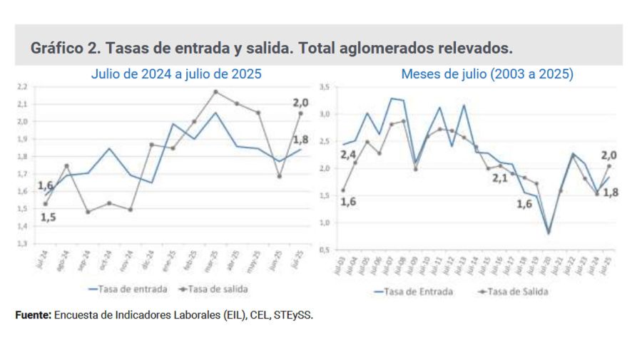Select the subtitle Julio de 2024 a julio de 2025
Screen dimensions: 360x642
[x=175, y=73]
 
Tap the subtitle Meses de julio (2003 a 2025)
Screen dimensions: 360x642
[x=487, y=73]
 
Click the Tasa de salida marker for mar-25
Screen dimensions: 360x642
[x=215, y=92]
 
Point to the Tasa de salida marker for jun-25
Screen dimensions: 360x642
[x=280, y=176]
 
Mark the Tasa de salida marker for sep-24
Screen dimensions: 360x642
[x=88, y=212]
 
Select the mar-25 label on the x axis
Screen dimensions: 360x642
[x=214, y=258]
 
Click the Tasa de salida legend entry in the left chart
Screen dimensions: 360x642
[x=218, y=289]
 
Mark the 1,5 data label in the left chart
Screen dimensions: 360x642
[x=48, y=217]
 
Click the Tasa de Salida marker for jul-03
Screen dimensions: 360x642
[x=343, y=190]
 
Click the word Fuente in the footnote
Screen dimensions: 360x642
[x=33, y=314]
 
